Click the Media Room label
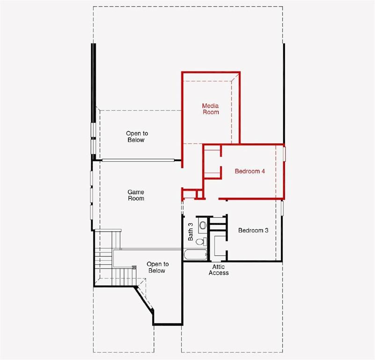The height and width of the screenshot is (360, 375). coord(210,109)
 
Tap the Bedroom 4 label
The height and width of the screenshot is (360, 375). coord(250,171)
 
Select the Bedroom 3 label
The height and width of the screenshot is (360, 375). coord(253,230)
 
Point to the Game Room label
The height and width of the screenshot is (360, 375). coord(136,195)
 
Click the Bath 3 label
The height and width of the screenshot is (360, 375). coord(191,232)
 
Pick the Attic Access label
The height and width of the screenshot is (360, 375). coord(219,270)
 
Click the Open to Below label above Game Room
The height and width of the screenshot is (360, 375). coord(136,136)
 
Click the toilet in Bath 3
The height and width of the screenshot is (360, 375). coord(201,242)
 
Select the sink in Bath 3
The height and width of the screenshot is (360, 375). coord(202,225)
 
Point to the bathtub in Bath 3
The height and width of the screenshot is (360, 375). coord(195,255)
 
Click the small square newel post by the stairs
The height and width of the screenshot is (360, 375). coord(134,267)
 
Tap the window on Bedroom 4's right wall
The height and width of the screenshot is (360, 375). coord(284,153)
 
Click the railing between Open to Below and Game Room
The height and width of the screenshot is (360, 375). coord(138,160)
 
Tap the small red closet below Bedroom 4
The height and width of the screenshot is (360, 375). coord(191,194)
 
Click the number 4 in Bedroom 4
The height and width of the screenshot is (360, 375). coord(263,171)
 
